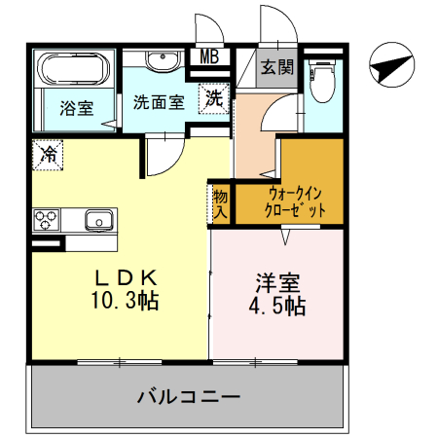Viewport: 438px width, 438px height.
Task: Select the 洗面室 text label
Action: coord(159,101)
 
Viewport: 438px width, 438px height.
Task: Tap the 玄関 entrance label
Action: coord(276,67)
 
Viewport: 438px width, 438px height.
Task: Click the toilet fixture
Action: coord(320,82)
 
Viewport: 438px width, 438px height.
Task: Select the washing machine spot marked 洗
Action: coord(213,98)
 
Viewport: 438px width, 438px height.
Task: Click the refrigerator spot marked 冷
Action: coord(48,153)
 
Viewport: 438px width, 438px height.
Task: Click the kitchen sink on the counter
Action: coord(99,219)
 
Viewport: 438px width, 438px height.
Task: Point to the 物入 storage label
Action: coord(220,201)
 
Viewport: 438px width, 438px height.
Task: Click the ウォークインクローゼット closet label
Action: coord(291,201)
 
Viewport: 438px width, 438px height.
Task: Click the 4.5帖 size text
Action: coord(277,309)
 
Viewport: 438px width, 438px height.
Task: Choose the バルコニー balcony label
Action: coord(187,397)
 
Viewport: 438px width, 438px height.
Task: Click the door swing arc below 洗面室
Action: coord(161,156)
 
